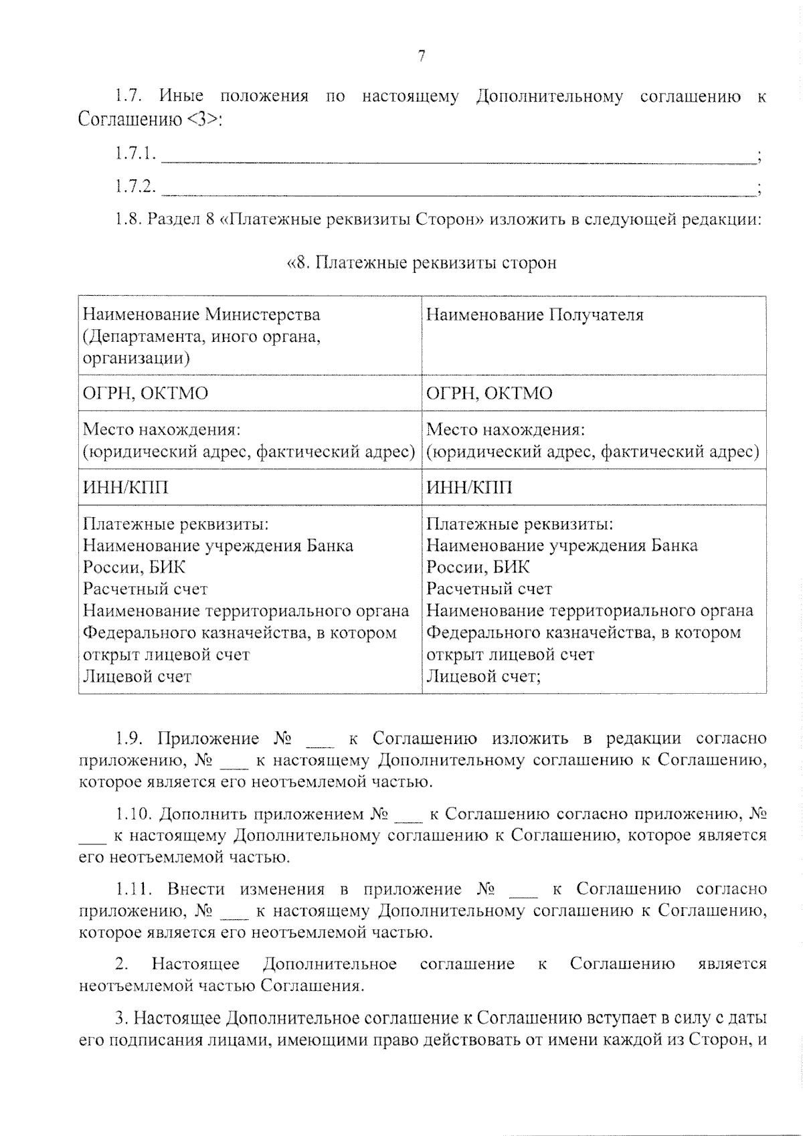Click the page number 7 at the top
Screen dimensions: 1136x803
[422, 57]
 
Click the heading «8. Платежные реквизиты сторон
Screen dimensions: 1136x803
[422, 263]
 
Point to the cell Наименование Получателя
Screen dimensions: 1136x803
[535, 314]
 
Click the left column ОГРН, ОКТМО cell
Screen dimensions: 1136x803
[145, 393]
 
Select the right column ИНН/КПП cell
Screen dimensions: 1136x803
[469, 487]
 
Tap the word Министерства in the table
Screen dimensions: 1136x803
[262, 314]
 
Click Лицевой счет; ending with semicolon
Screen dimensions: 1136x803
[483, 676]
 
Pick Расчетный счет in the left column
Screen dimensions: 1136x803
[145, 589]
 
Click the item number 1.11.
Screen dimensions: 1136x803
[131, 889]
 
